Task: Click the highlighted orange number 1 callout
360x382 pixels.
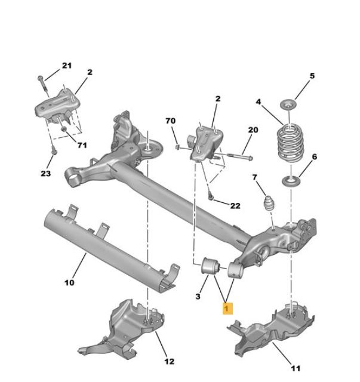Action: pos(227,308)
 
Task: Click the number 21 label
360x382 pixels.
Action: pos(66,65)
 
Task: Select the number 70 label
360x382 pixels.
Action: pos(171,121)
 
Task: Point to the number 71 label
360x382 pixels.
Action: pos(82,145)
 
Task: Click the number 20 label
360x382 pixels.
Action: pos(253,130)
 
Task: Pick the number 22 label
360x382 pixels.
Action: pos(235,206)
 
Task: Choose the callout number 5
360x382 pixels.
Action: pos(311,76)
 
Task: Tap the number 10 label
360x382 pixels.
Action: pos(69,282)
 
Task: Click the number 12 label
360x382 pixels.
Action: pos(169,361)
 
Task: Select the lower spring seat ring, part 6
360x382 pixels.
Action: pos(291,181)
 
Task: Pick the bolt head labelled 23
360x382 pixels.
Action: pos(53,153)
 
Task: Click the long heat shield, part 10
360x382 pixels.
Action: pos(107,245)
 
